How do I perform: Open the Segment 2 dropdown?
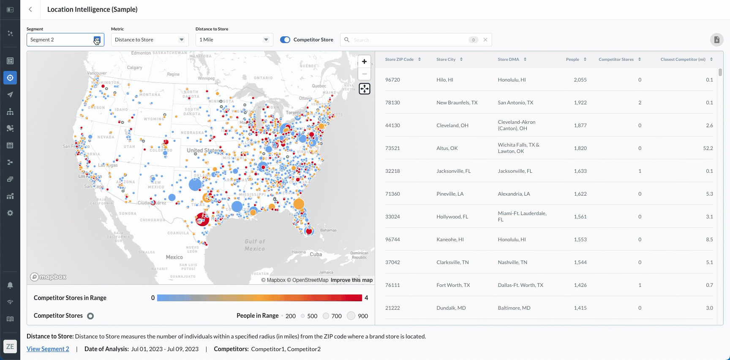[65, 40]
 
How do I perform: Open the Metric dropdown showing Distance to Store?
[150, 40]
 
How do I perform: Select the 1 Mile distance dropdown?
[234, 40]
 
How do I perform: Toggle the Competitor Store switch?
[285, 40]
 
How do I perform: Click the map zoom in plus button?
[364, 62]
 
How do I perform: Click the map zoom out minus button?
[364, 74]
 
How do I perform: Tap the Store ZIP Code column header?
[399, 60]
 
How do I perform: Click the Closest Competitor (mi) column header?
[683, 60]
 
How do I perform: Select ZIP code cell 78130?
[392, 103]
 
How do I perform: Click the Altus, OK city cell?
[447, 148]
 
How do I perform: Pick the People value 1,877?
[580, 125]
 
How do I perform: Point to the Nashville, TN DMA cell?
[512, 262]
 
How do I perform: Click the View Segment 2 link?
[48, 349]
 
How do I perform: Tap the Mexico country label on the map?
[174, 257]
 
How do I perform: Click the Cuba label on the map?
[316, 254]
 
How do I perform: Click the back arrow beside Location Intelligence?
[30, 9]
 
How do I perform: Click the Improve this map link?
[351, 280]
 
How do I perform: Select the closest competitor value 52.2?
[708, 148]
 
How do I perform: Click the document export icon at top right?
[716, 40]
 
